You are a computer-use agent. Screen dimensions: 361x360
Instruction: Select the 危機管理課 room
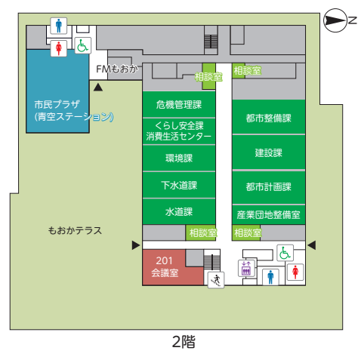(x=179, y=104)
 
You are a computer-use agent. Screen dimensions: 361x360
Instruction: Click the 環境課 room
(x=179, y=158)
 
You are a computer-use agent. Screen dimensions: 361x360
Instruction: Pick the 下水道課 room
(x=179, y=185)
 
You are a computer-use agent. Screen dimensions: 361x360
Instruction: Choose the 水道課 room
(x=179, y=211)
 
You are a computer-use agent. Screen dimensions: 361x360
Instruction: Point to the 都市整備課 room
(x=269, y=117)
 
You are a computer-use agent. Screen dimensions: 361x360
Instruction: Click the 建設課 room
(x=269, y=152)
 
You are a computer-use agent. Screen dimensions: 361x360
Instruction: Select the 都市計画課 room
(x=269, y=187)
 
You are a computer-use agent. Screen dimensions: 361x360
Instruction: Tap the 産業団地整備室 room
(x=269, y=215)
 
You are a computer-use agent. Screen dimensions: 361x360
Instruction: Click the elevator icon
(x=246, y=268)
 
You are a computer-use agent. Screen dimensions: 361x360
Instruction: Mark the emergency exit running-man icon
(x=216, y=280)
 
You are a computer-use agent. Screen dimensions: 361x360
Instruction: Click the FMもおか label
(x=117, y=69)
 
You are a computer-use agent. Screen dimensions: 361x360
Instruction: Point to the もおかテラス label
(x=75, y=230)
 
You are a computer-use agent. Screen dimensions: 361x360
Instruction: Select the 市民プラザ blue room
(x=57, y=91)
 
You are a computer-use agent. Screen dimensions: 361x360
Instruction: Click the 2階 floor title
(x=184, y=342)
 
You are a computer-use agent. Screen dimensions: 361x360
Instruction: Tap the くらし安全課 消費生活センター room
(x=179, y=131)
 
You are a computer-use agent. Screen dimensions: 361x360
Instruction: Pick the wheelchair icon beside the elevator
(x=285, y=253)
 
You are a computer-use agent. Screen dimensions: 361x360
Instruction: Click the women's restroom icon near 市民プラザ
(x=59, y=48)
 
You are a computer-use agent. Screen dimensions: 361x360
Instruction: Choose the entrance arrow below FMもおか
(x=98, y=87)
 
